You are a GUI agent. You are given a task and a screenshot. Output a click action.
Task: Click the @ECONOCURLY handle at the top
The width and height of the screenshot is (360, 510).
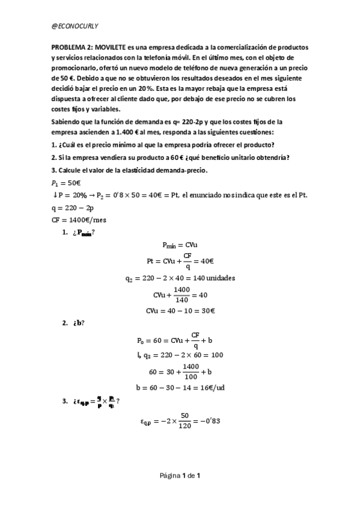75,26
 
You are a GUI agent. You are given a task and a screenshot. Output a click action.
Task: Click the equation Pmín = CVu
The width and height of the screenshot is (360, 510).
180,245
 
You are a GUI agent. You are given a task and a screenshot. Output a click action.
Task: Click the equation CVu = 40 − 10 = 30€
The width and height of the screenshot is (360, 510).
180,311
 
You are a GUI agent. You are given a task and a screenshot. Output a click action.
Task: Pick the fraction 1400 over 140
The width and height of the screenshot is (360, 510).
181,295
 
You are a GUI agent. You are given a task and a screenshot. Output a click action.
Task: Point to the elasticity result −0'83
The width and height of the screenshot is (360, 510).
211,421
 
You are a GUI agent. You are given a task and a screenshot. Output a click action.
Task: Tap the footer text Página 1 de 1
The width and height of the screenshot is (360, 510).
180,476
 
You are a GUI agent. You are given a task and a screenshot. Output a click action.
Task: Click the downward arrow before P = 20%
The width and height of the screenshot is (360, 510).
55,195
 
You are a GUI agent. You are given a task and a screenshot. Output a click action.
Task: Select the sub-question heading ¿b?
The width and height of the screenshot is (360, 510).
78,323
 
